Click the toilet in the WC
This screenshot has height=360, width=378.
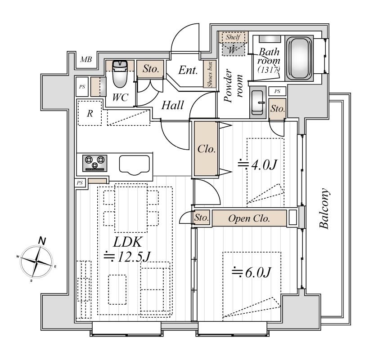[120, 74]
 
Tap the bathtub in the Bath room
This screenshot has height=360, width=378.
[299, 58]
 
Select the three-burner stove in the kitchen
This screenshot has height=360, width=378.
[95, 163]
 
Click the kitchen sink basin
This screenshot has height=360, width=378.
[134, 165]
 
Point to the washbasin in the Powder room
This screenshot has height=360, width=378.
[257, 103]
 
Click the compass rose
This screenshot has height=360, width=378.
[36, 262]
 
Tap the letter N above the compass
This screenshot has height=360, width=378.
[42, 241]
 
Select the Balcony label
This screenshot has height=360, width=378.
[324, 209]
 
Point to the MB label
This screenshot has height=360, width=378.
[86, 59]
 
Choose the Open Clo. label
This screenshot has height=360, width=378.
[249, 218]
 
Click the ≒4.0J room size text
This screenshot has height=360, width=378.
[257, 164]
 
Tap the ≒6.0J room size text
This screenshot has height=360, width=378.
[252, 272]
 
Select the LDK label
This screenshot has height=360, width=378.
[127, 242]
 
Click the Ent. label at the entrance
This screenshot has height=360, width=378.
[188, 70]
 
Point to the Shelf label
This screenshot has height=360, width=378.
[233, 37]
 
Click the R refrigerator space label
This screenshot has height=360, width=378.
[90, 113]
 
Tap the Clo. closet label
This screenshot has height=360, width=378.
[207, 149]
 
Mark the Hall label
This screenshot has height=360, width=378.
[172, 105]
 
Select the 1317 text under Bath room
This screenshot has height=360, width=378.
[269, 70]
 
